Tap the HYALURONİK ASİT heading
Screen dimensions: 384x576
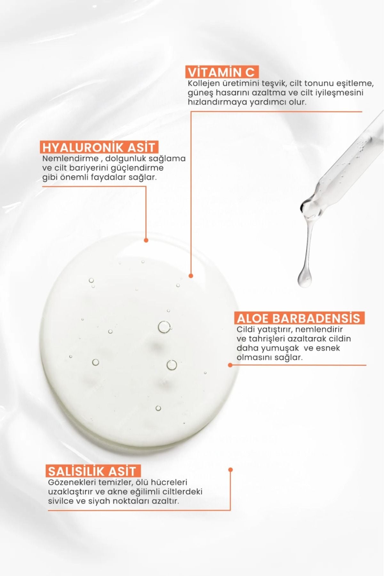(x=99, y=147)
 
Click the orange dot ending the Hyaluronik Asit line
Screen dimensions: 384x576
(x=146, y=240)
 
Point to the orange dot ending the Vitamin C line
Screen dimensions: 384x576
(x=191, y=276)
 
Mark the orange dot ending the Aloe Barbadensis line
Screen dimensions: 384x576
(x=230, y=365)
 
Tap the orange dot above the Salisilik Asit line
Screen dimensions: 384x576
(x=230, y=470)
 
